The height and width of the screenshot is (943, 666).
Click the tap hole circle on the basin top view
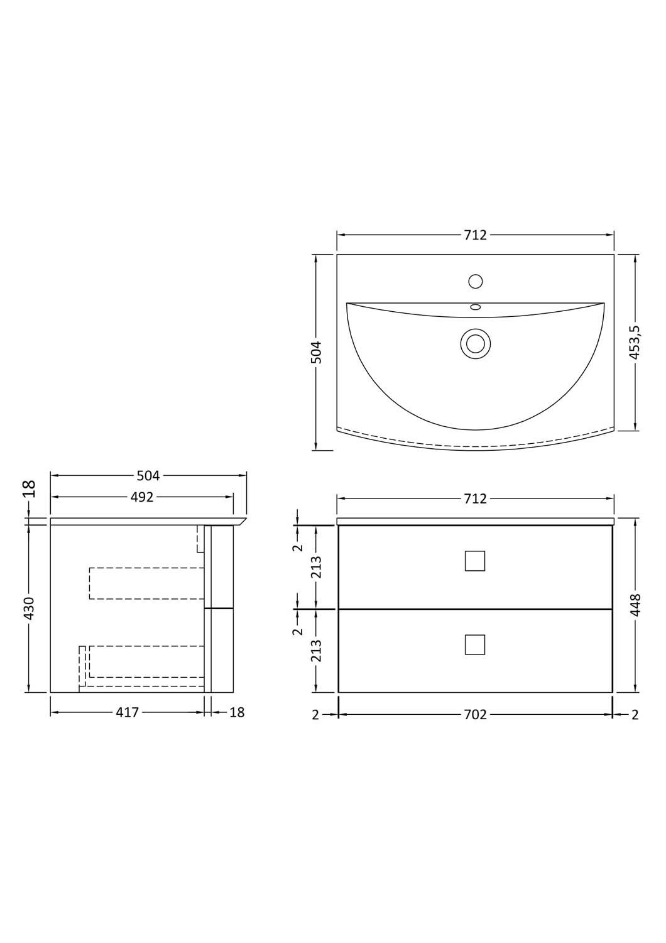[476, 281]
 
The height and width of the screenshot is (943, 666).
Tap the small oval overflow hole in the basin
[476, 307]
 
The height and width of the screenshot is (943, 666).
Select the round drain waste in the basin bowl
[476, 344]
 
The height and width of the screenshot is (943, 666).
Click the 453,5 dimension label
[635, 343]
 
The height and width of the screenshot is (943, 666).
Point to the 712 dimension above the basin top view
[475, 235]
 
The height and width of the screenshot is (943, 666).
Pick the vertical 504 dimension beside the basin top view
[316, 352]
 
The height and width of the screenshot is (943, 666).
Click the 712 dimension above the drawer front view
[475, 499]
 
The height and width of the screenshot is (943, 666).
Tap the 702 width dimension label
[475, 715]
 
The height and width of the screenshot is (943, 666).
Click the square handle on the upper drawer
[475, 561]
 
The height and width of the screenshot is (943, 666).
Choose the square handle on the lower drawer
[475, 644]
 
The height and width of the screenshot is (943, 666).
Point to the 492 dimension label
[142, 497]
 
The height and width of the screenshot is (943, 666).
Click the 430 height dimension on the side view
[30, 608]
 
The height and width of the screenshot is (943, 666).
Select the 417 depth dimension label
[127, 713]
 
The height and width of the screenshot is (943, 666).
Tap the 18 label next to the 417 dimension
[237, 713]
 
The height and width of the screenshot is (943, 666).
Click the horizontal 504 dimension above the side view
[148, 476]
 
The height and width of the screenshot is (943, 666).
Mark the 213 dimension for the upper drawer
[316, 567]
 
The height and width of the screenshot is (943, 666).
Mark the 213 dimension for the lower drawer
[316, 651]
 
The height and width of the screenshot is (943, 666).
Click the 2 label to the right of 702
[635, 715]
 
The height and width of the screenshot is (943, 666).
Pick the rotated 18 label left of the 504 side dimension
[30, 488]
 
